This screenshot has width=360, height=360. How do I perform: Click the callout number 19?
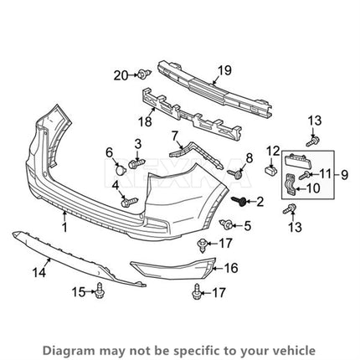(224, 70)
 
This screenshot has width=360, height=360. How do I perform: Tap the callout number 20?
(121, 75)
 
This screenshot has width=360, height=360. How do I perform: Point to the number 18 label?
(145, 121)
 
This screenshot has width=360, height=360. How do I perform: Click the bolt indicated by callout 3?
(137, 163)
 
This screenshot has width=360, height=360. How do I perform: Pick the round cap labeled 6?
(121, 170)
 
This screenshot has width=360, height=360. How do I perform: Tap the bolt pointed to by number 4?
(130, 202)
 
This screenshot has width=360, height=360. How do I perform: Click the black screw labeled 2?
(239, 200)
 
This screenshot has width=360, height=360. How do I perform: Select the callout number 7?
(175, 136)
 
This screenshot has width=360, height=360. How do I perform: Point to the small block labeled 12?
(270, 169)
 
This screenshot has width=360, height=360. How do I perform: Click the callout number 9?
(345, 175)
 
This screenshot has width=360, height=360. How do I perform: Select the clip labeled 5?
(227, 224)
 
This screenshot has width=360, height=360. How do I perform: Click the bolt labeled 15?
(98, 291)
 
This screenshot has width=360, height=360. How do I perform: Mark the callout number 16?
(231, 268)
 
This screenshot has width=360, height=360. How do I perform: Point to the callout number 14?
(39, 272)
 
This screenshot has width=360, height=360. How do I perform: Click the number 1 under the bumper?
(64, 227)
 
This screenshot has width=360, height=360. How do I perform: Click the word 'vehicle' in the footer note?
(297, 350)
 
